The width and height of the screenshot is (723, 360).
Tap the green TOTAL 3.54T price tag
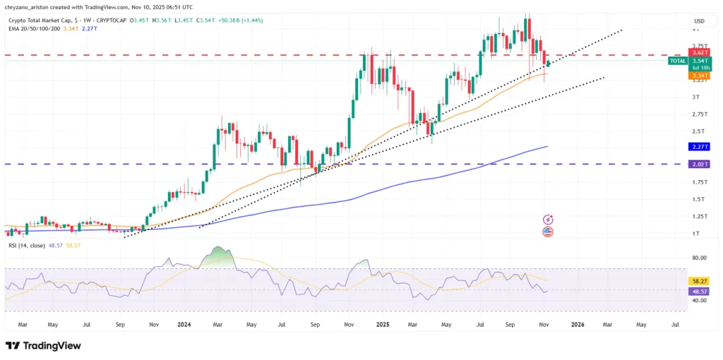pos(689,61)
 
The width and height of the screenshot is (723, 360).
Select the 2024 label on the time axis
pos(184,325)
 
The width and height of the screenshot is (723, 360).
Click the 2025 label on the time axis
pos(383,325)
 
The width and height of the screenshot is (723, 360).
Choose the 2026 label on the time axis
pos(578,325)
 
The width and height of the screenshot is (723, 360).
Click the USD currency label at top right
pos(699,21)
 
